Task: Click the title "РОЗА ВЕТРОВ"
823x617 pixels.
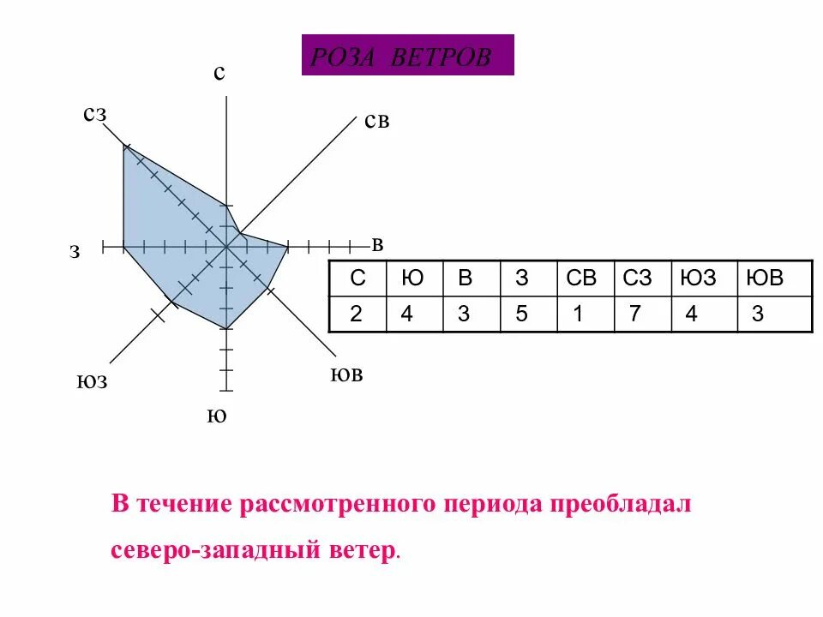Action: point(407,57)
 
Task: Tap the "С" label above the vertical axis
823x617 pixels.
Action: point(219,74)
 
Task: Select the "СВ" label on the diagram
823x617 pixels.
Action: point(376,122)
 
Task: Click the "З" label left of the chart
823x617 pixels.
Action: point(75,252)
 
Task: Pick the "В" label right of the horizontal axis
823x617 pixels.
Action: point(377,245)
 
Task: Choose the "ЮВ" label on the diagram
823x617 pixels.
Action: point(346,374)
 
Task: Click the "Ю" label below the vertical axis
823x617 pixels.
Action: point(217,416)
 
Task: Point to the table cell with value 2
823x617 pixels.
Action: point(357,314)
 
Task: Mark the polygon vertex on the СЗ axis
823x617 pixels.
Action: point(123,147)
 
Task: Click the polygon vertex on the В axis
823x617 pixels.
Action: point(288,248)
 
